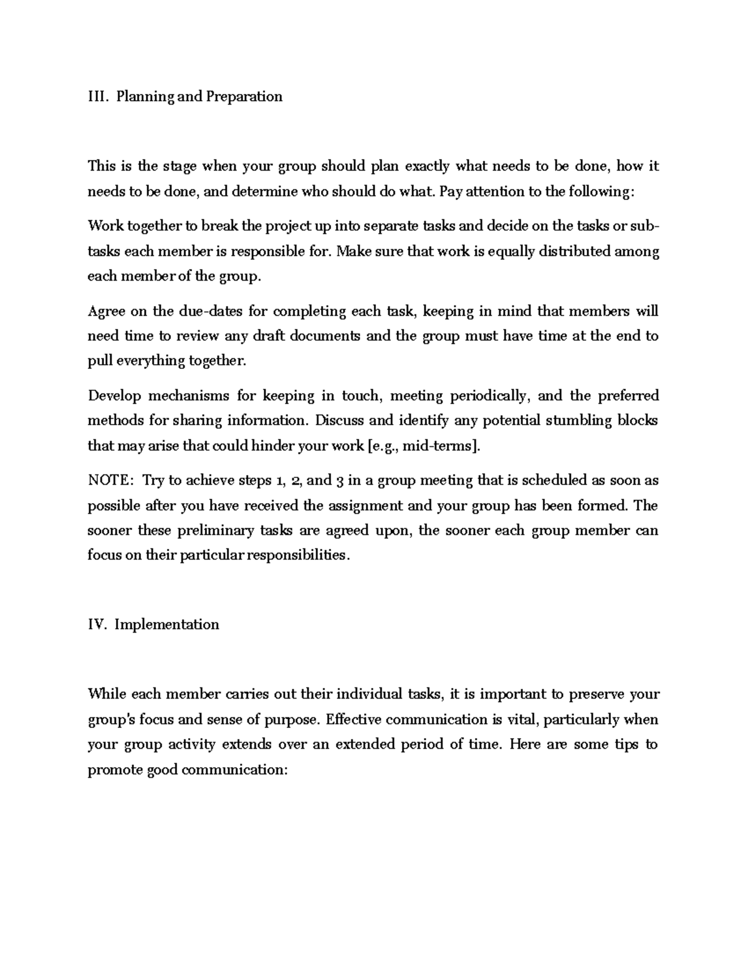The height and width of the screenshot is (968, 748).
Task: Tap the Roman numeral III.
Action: coord(98,97)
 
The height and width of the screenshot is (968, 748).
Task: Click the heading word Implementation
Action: coord(167,625)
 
